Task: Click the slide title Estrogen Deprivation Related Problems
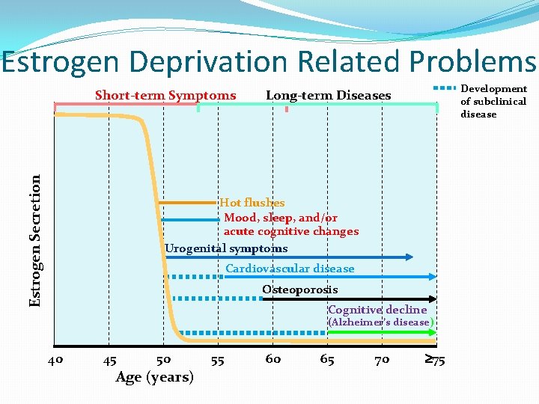tap(269, 62)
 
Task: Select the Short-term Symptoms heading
tap(165, 95)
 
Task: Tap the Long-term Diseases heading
tap(328, 95)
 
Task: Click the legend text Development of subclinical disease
tap(493, 101)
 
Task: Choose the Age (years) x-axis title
tap(155, 376)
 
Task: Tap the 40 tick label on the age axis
tap(55, 360)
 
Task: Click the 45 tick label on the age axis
tap(109, 360)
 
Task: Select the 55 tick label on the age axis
tap(218, 360)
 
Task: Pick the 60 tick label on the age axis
tap(273, 359)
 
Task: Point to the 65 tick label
tap(327, 359)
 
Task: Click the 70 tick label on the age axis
tap(382, 360)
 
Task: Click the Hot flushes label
tap(252, 202)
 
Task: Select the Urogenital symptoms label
tap(226, 248)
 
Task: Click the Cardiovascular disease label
tap(290, 268)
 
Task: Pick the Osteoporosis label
tap(299, 289)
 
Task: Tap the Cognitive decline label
tap(377, 309)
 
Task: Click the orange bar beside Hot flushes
tap(187, 203)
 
